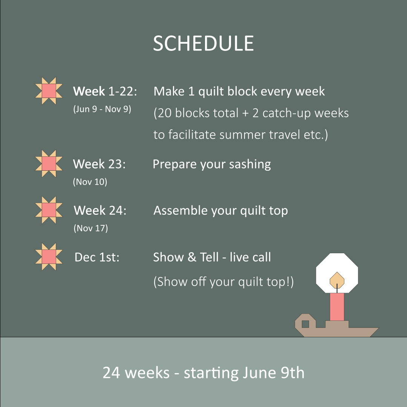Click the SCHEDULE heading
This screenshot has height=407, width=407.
point(203,43)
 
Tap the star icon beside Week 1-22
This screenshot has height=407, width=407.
point(49,91)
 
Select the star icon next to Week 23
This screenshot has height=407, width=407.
point(49,164)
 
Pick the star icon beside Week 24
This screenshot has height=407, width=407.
point(49,210)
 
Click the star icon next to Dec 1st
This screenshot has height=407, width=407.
point(49,257)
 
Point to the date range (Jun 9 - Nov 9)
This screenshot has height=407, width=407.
point(102,109)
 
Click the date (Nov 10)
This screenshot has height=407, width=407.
point(90,182)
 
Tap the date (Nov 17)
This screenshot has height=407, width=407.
point(90,228)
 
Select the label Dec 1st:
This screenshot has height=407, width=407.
point(97,257)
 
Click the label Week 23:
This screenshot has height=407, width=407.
point(99,164)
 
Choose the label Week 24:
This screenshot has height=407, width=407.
point(100,210)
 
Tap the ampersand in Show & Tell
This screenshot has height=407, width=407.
point(192,257)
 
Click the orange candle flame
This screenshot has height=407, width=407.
point(337,280)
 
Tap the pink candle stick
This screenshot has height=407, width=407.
point(337,307)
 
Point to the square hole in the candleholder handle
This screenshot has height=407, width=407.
point(306,324)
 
